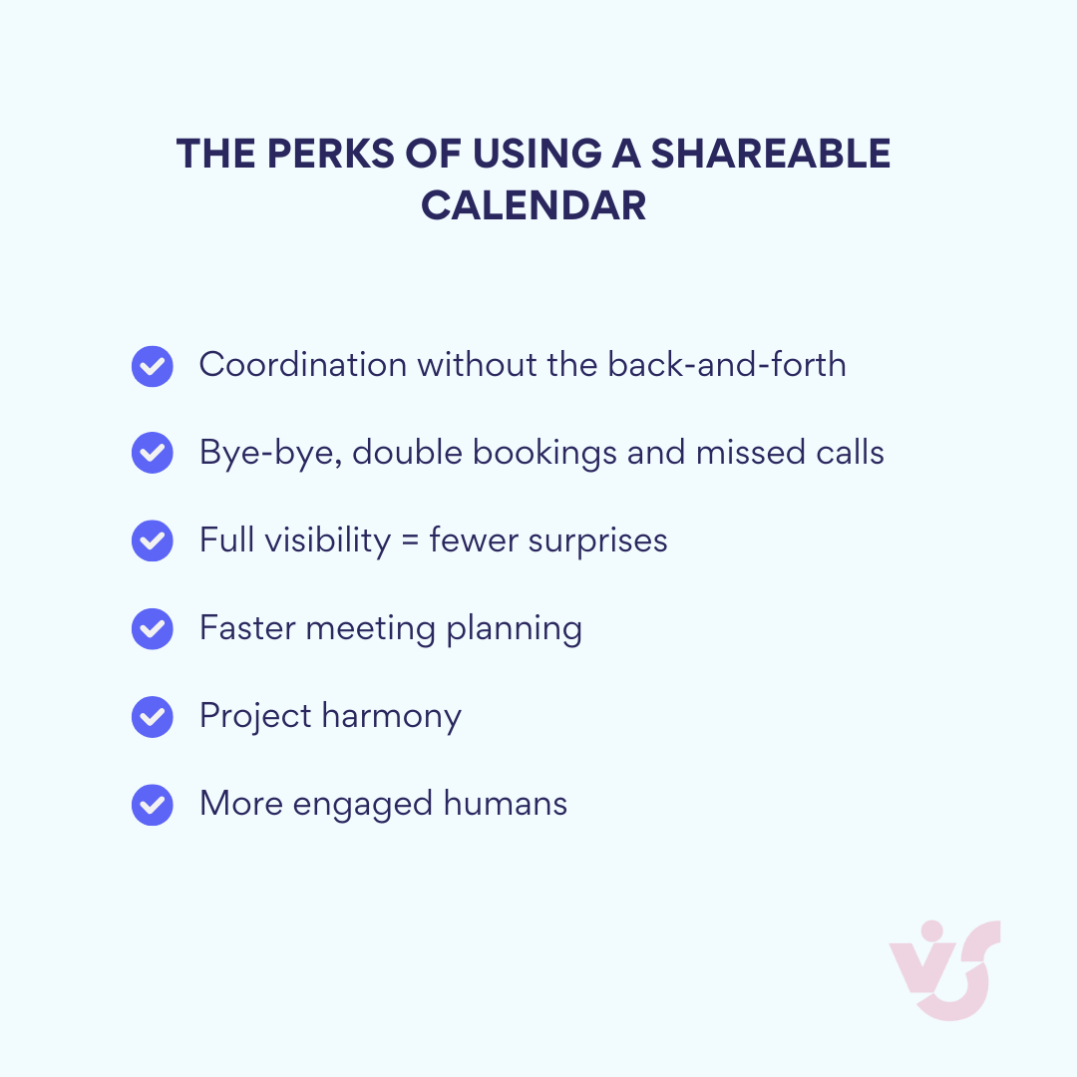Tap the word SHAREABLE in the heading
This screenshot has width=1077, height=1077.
[x=771, y=155]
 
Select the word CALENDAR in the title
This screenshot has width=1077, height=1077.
[x=534, y=206]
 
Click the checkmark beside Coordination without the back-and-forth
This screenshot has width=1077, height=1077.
[x=153, y=366]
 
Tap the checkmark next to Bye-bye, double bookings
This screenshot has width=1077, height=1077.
[x=153, y=454]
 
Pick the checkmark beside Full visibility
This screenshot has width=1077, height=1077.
[x=153, y=541]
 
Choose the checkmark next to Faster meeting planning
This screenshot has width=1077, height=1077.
[x=153, y=629]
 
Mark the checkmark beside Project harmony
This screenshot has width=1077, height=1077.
[x=153, y=717]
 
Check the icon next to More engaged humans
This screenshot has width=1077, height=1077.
[x=153, y=805]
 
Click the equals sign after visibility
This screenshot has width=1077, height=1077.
[x=410, y=541]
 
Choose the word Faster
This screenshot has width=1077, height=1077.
[x=247, y=629]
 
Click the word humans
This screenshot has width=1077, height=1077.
[x=506, y=804]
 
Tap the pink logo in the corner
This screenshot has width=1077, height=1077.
[x=944, y=969]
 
